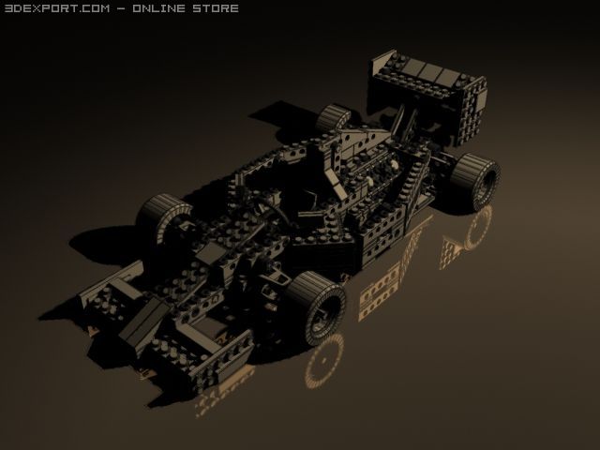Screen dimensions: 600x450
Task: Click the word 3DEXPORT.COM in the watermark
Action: tap(57, 8)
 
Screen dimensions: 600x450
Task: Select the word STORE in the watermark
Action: tap(216, 8)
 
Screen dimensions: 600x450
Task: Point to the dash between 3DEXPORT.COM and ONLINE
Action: tap(121, 8)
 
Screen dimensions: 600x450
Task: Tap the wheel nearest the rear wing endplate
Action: tap(474, 181)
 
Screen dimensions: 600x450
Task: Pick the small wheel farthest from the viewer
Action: tap(333, 116)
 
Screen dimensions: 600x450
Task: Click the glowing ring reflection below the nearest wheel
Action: tap(324, 360)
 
